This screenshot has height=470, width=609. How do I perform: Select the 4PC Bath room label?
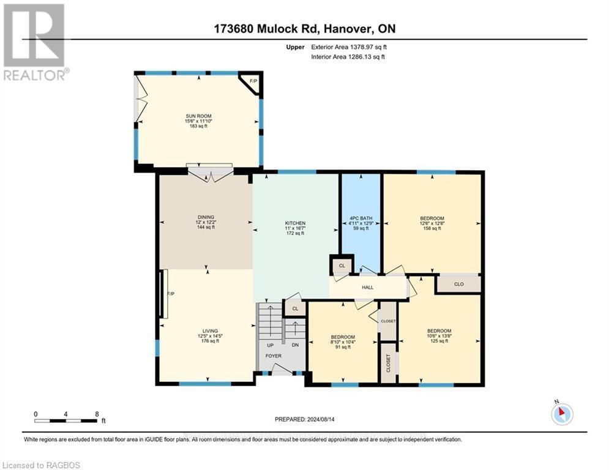[361, 223]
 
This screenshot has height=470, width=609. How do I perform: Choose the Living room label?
[206, 335]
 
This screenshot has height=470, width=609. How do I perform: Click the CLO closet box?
[458, 284]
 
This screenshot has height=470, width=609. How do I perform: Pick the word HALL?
[367, 288]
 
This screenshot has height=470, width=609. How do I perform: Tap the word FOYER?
[273, 356]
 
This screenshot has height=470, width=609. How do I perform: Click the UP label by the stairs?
[270, 345]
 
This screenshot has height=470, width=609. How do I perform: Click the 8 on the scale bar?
[97, 414]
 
